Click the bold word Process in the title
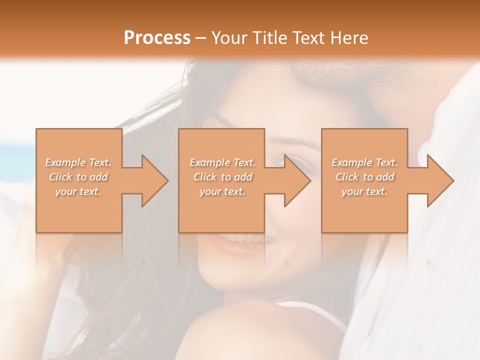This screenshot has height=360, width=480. tap(157, 37)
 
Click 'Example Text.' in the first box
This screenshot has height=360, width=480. tap(78, 162)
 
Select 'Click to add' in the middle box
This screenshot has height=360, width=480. tap(222, 177)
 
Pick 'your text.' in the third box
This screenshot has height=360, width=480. tap(364, 191)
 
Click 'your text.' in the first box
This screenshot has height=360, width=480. tap(78, 191)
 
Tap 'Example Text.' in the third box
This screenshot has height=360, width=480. tap(364, 162)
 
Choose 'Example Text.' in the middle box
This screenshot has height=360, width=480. tap(222, 162)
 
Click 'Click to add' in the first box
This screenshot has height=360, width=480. tap(78, 177)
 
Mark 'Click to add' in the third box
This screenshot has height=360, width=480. tap(364, 177)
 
